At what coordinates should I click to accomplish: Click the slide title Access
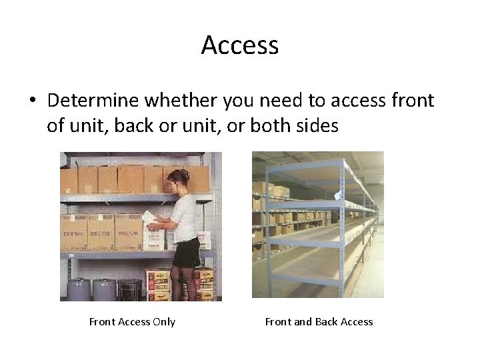239,45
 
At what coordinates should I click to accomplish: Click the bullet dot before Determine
32,101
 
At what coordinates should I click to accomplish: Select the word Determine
88,101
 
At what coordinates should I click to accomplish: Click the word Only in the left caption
163,322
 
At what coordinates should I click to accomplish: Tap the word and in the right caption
303,322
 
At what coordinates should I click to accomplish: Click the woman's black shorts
187,252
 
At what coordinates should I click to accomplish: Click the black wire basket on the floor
129,290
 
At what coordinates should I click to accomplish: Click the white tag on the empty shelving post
337,195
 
